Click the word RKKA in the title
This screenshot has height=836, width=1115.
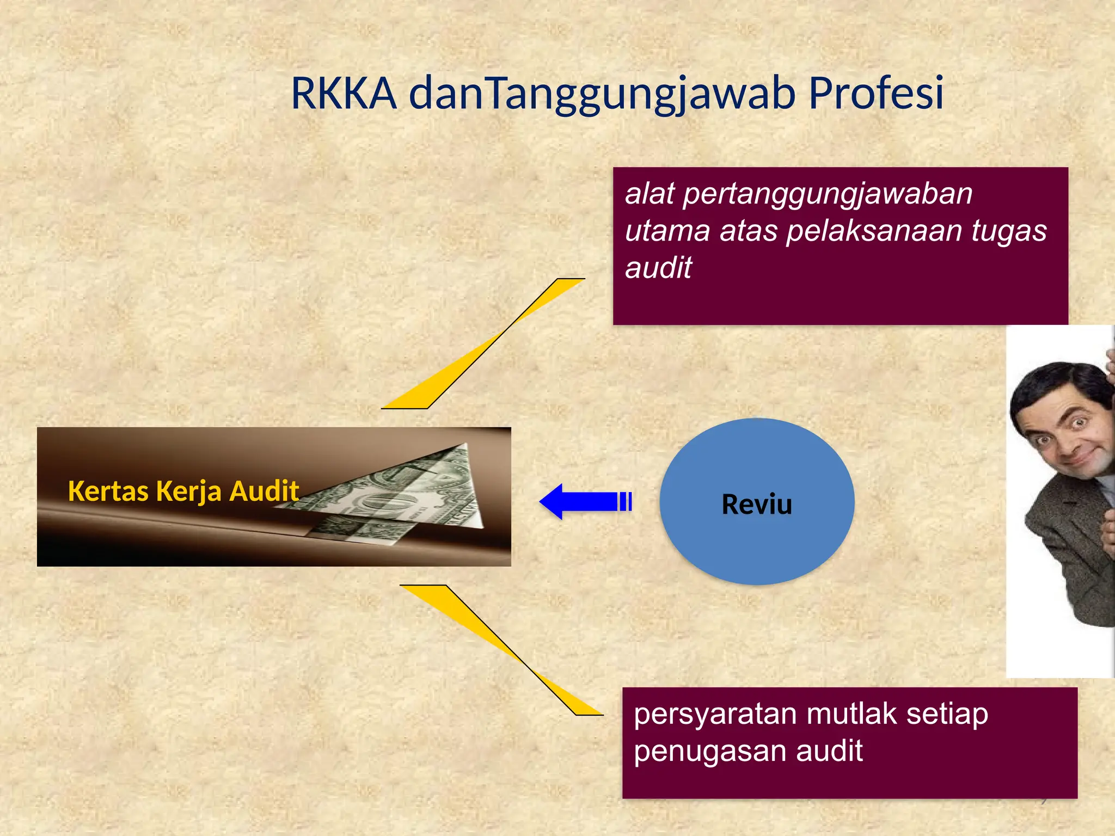[x=344, y=94]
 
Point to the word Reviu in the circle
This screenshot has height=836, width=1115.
[x=756, y=504]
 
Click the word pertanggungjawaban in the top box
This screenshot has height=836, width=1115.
[x=827, y=195]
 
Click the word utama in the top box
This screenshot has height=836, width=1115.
[x=667, y=231]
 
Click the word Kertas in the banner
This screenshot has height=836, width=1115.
[x=108, y=491]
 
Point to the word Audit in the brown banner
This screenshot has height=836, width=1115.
[x=264, y=491]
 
